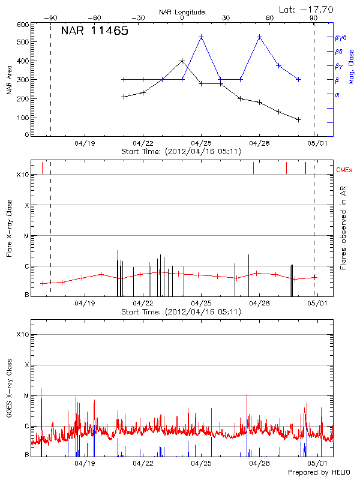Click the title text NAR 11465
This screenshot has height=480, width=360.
(x=94, y=31)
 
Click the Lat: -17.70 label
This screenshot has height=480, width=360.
(x=307, y=9)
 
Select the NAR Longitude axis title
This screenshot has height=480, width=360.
(x=182, y=11)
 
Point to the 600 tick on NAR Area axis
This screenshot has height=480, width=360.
(x=23, y=25)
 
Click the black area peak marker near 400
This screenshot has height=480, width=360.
(x=182, y=61)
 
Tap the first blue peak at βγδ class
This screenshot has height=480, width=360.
(x=201, y=37)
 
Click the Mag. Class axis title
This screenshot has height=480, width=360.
(x=352, y=66)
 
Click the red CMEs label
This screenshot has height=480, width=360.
(x=345, y=170)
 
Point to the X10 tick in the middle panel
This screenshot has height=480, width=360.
(x=23, y=175)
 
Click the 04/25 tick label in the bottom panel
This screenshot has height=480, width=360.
(x=201, y=463)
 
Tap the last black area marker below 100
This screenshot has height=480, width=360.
(x=298, y=119)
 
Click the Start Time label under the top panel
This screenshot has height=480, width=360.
(x=181, y=152)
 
